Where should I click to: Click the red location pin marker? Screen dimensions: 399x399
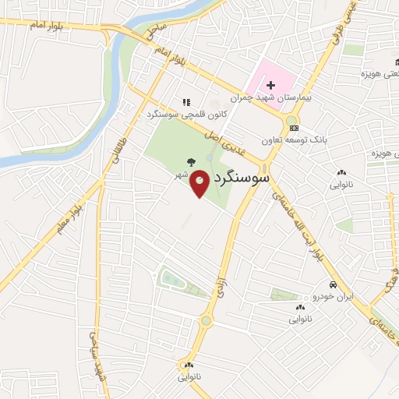pyautogui.click(x=200, y=184)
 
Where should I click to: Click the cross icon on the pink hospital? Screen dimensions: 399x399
pyautogui.click(x=270, y=85)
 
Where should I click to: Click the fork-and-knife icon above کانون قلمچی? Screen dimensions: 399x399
pyautogui.click(x=185, y=101)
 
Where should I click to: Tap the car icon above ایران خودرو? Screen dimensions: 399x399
pyautogui.click(x=333, y=284)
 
